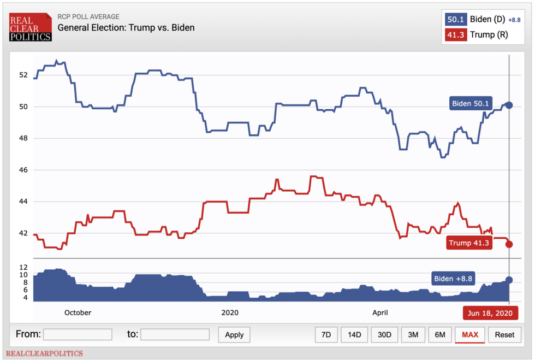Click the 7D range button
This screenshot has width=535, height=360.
pos(326,334)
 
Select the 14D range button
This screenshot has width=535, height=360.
pos(354,334)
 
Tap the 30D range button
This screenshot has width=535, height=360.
pos(385,334)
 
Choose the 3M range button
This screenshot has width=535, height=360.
pos(413,334)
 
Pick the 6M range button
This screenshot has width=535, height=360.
pos(440,334)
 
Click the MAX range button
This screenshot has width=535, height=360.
pos(469,334)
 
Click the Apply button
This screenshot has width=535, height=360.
pos(234,334)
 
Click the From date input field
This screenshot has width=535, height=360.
pos(78,334)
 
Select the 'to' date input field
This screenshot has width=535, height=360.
pos(175,334)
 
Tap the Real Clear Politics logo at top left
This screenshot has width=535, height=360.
pos(31,27)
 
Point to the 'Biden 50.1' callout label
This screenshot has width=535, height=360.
pos(470,103)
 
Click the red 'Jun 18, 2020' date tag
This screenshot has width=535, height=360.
pos(490,313)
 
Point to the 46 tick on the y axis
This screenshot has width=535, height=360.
pos(23,170)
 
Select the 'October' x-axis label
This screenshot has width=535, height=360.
pos(78,312)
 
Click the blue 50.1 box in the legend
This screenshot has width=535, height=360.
pos(455,20)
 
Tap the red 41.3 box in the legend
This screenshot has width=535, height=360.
pos(455,35)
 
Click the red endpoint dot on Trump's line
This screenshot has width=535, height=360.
pos(509,244)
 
